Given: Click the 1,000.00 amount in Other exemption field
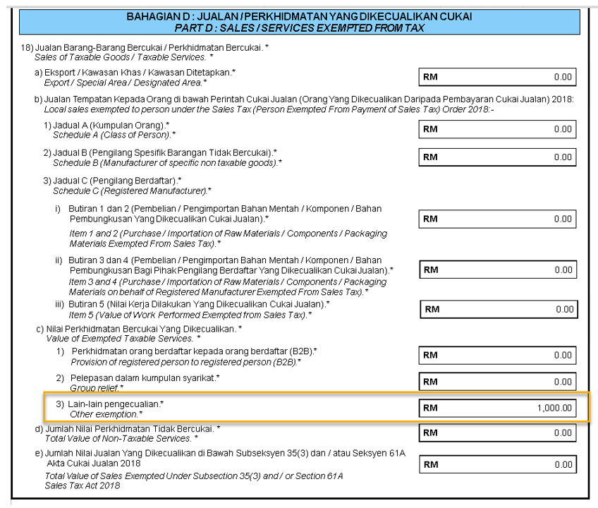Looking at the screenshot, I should click(x=554, y=408).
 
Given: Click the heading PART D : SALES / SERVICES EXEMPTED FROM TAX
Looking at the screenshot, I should click(x=300, y=28).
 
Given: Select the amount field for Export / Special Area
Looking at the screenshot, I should click(x=497, y=77).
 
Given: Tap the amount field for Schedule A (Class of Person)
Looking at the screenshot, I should click(x=497, y=130).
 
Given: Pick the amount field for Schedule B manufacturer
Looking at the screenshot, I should click(x=497, y=157).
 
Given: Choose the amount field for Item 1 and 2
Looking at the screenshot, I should click(x=497, y=219).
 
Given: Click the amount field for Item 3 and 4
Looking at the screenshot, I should click(x=497, y=270).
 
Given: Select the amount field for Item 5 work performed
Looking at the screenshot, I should click(x=499, y=309).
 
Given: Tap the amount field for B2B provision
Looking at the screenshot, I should click(x=497, y=355).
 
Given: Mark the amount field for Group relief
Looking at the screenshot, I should click(x=497, y=382).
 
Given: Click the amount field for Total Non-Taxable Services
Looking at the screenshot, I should click(x=497, y=433).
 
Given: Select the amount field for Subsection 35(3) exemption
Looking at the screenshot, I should click(x=497, y=465).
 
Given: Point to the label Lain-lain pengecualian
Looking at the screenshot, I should click(x=116, y=404).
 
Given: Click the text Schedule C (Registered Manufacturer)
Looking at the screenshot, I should click(x=131, y=190).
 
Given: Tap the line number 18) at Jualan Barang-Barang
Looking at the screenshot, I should click(x=28, y=47).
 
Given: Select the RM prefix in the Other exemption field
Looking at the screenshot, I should click(x=430, y=408).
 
